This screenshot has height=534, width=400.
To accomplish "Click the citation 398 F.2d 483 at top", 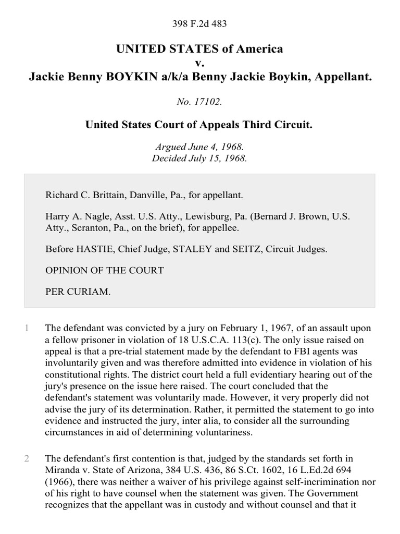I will [200, 23].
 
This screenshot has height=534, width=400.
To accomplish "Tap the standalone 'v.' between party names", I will [200, 63].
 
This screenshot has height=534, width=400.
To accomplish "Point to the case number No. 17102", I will [200, 102].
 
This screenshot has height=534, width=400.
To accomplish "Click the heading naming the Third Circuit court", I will [200, 125].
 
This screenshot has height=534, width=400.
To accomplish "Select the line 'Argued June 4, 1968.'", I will [200, 148].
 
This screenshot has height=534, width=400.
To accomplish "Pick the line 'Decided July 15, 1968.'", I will [200, 159].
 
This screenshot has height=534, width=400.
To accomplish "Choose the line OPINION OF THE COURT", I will [105, 270].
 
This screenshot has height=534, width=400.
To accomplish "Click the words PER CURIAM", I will [78, 292].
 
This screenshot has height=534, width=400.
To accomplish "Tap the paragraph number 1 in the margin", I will [27, 328].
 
